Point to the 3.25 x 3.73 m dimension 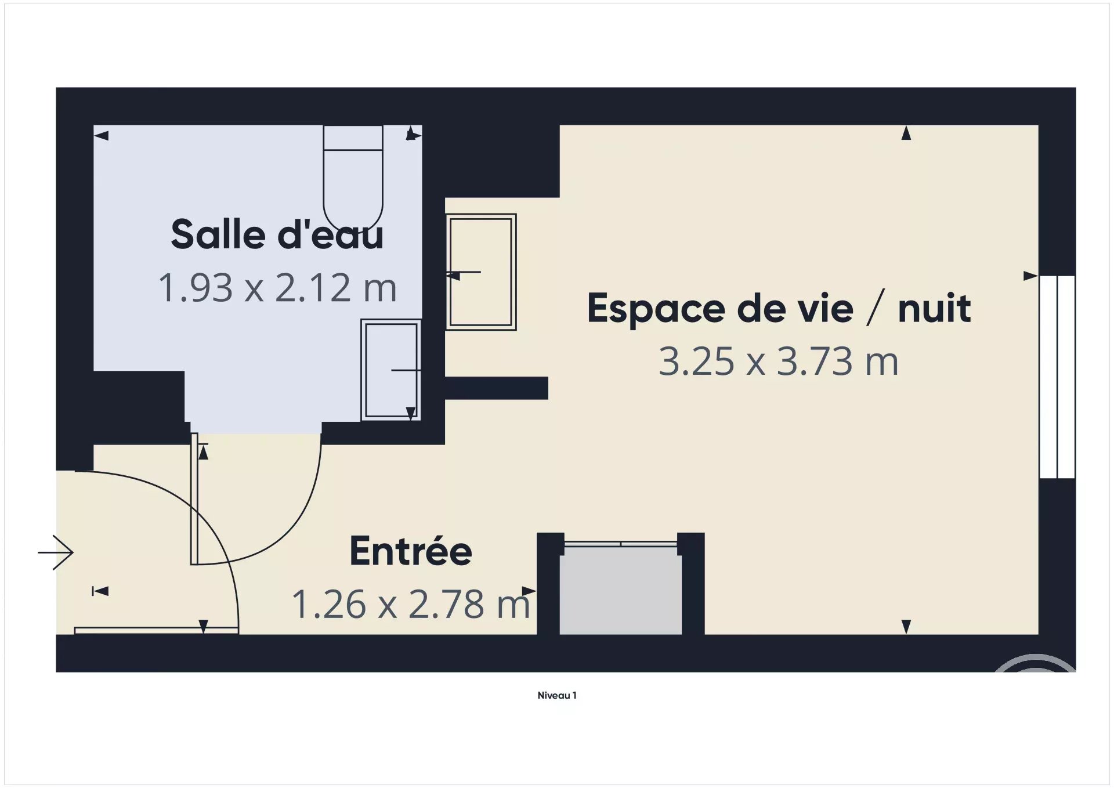(x=779, y=361)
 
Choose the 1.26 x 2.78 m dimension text (x=411, y=603)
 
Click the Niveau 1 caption (x=557, y=695)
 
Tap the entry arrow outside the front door (x=56, y=552)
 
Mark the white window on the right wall (x=1057, y=377)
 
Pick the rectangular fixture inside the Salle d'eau (x=391, y=370)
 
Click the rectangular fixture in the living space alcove (x=481, y=272)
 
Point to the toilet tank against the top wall (x=353, y=138)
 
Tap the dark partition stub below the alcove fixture (x=496, y=388)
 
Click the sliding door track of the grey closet (x=620, y=544)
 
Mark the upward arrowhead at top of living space (x=906, y=133)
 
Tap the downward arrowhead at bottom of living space (x=906, y=627)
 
